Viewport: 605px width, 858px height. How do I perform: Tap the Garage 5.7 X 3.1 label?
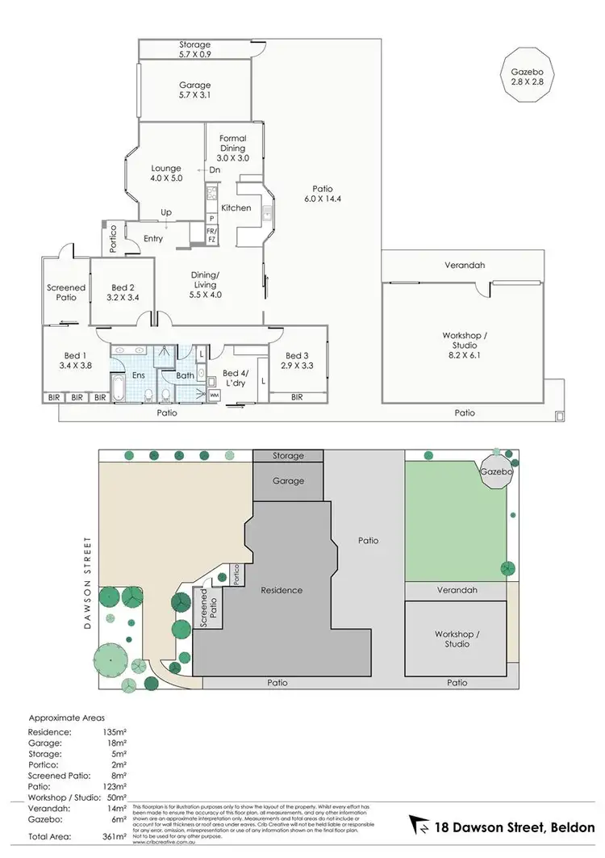tap(194, 90)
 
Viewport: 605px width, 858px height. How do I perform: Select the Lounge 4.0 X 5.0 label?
tap(166, 174)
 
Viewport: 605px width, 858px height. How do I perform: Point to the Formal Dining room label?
tap(233, 149)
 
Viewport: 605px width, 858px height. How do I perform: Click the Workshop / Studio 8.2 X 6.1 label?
tap(465, 341)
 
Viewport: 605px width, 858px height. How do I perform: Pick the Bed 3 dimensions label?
tap(296, 360)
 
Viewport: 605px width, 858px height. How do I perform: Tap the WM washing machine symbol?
tap(215, 396)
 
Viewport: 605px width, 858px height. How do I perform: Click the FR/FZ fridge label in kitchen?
tap(211, 234)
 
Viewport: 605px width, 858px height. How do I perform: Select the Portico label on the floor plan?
tap(114, 237)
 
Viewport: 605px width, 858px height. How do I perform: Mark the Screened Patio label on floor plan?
tap(66, 292)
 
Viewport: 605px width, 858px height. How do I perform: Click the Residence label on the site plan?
tap(282, 590)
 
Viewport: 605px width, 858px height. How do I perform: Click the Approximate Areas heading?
tap(66, 717)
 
